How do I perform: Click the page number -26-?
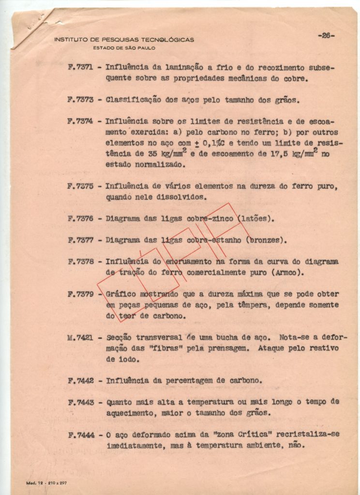point(326,35)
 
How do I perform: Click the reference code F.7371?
point(80,68)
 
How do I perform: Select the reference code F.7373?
point(80,100)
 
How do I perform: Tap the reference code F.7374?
point(80,121)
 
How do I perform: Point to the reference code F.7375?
point(80,186)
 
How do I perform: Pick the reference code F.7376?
point(80,218)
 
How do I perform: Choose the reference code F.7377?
point(80,240)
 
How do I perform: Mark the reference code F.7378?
point(80,262)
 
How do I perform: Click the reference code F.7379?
point(80,294)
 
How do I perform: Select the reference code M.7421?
point(80,337)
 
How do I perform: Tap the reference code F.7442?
point(80,380)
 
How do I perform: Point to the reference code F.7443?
point(80,402)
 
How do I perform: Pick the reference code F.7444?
point(80,434)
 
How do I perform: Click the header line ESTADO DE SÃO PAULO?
point(124,47)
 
